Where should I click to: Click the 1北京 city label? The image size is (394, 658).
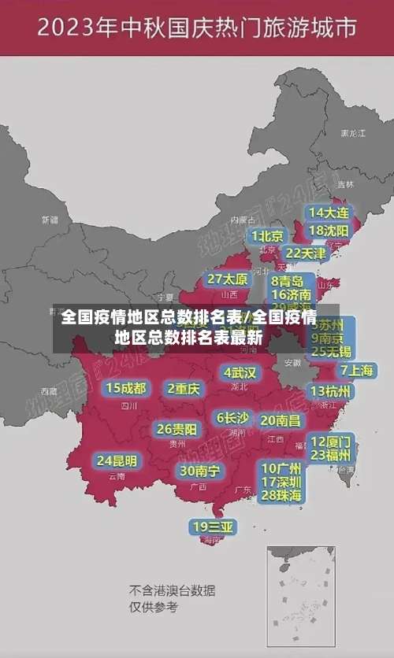(x=268, y=236)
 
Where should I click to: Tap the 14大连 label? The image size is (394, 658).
(x=329, y=213)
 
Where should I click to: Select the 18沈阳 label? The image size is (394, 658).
(x=329, y=231)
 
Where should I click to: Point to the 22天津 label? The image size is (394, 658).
(x=305, y=253)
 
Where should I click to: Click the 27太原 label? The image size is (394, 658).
(x=228, y=279)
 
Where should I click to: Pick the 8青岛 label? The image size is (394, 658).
(x=288, y=281)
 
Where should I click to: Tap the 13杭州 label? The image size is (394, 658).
(x=332, y=391)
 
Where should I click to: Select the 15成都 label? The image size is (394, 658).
(x=126, y=388)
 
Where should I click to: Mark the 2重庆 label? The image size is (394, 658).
(x=184, y=388)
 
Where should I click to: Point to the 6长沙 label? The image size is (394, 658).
(x=233, y=418)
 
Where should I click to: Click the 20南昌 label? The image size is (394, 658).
(x=281, y=420)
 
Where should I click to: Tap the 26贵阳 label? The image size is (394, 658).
(x=177, y=430)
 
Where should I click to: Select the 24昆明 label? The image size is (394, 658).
(x=117, y=460)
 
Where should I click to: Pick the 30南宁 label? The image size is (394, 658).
(x=199, y=471)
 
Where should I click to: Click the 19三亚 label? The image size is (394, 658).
(x=214, y=527)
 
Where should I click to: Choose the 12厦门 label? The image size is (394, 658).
(x=332, y=442)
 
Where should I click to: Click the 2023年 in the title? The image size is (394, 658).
(x=75, y=30)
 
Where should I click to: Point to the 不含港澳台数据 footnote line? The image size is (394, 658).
(x=173, y=590)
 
